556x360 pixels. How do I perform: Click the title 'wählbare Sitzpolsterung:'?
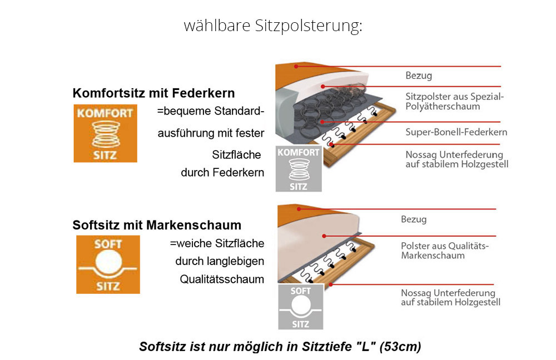[273, 26]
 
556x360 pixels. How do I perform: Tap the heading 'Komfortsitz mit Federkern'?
[153, 93]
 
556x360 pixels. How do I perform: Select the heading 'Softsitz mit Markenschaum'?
[157, 225]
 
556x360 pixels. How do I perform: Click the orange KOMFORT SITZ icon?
[105, 133]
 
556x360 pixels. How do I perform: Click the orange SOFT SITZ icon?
[108, 264]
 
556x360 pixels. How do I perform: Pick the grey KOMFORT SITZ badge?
[299, 169]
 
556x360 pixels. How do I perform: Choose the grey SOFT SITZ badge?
[301, 307]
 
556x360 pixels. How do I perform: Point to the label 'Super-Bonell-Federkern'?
[456, 132]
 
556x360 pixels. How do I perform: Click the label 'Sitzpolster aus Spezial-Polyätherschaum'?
[455, 101]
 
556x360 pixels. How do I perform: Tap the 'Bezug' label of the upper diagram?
[419, 76]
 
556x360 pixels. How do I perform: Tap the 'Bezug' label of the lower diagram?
[414, 219]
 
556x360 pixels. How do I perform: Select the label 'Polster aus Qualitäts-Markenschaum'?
[445, 251]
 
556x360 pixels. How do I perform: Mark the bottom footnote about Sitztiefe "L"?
[280, 347]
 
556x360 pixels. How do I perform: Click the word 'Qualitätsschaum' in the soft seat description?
[222, 279]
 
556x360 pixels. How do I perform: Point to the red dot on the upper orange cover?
[296, 66]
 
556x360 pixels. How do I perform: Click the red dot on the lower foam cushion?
[324, 236]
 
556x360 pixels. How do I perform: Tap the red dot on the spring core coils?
[322, 122]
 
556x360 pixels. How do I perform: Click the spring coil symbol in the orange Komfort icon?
[106, 134]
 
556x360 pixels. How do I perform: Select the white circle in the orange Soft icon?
[108, 262]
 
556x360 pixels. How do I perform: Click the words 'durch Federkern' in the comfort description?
[222, 173]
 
